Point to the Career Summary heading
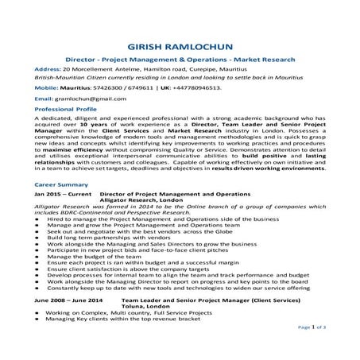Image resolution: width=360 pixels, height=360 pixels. click(x=61, y=184)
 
